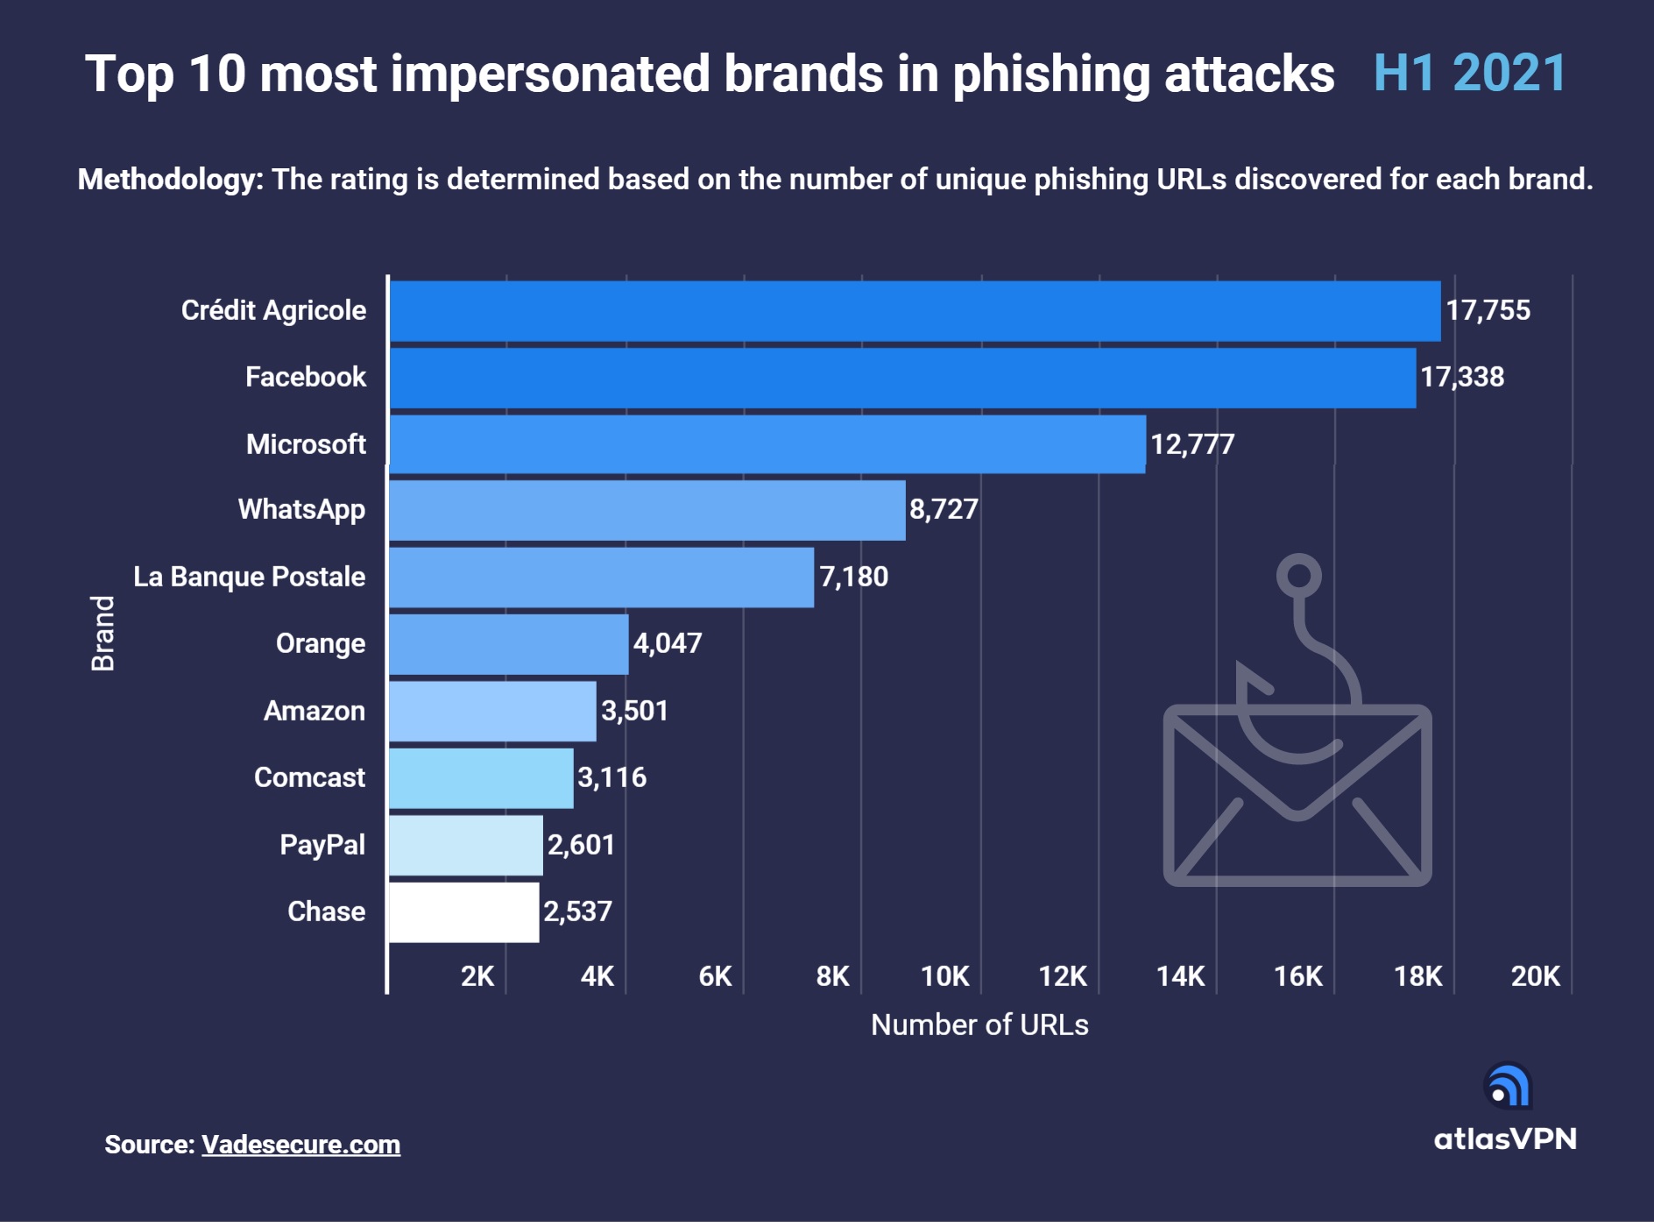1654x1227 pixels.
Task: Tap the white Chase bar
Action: (x=463, y=912)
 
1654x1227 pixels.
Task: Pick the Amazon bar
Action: (x=492, y=711)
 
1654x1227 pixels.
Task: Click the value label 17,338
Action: (x=1462, y=378)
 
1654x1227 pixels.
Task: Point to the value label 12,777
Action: (x=1192, y=444)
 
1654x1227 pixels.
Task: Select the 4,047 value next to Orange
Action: (x=668, y=644)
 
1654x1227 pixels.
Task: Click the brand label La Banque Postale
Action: (x=249, y=577)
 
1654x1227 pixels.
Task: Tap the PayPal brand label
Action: (x=322, y=845)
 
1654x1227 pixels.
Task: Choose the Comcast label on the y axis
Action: (x=309, y=777)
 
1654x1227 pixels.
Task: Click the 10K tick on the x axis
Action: (x=945, y=976)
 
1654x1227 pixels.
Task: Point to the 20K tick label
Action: (x=1535, y=976)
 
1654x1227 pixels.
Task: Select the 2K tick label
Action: (x=477, y=976)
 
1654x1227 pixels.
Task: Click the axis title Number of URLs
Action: (x=979, y=1025)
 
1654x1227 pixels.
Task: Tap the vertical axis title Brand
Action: (x=103, y=633)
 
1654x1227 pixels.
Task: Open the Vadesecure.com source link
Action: (x=300, y=1145)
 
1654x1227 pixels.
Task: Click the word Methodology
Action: (x=170, y=180)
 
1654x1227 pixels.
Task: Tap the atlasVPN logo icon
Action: (x=1508, y=1086)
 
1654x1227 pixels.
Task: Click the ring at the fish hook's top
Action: (x=1298, y=576)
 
